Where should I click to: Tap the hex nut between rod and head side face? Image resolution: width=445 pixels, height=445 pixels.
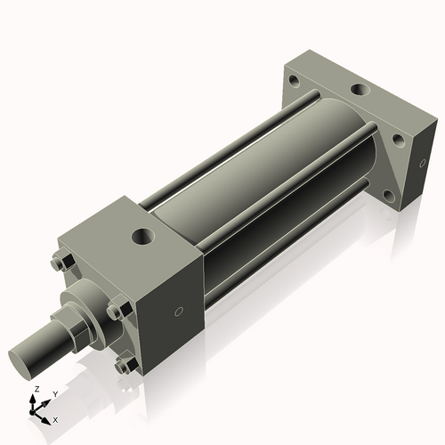pyautogui.click(x=115, y=311)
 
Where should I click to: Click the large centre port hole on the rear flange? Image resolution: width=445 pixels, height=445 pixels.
pyautogui.click(x=358, y=90)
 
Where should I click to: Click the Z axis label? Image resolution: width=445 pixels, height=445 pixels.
pyautogui.click(x=35, y=389)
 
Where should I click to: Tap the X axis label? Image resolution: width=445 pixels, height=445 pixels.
pyautogui.click(x=55, y=418)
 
